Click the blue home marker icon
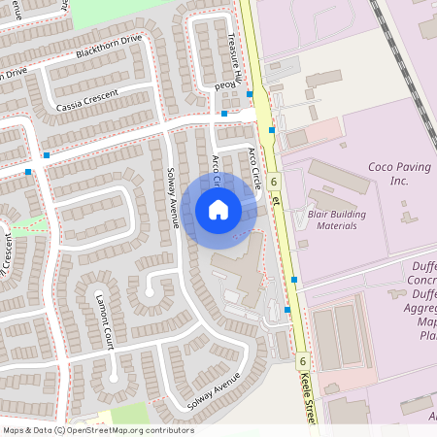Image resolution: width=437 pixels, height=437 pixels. tap(218, 209)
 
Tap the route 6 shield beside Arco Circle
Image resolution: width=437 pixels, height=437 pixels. tap(275, 182)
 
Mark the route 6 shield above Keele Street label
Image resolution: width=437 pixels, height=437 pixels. tap(303, 360)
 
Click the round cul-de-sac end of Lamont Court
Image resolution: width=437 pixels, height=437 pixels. tap(115, 374)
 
